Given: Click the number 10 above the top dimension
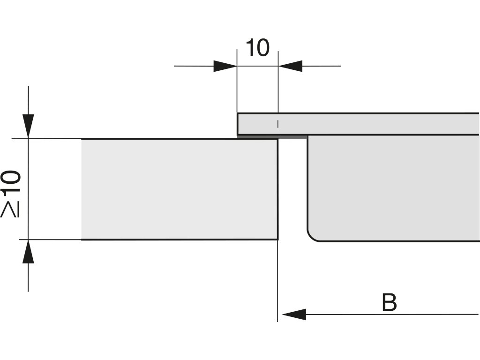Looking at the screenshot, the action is coord(257,48).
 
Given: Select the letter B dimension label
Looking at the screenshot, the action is coord(389,303).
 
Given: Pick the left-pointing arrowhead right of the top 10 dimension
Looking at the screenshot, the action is coord(290,66).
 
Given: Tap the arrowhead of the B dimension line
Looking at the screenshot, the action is coord(294,315).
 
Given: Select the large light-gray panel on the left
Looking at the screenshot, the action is coord(178,189).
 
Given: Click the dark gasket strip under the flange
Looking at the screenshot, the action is coord(272,137).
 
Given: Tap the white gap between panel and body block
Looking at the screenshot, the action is coord(292,187).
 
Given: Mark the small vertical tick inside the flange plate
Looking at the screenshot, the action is coord(278,124).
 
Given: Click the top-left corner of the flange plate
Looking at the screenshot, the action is coord(238,113).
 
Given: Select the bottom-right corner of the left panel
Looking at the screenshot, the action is coord(277,240).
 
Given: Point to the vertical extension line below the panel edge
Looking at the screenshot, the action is coord(277,281).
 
